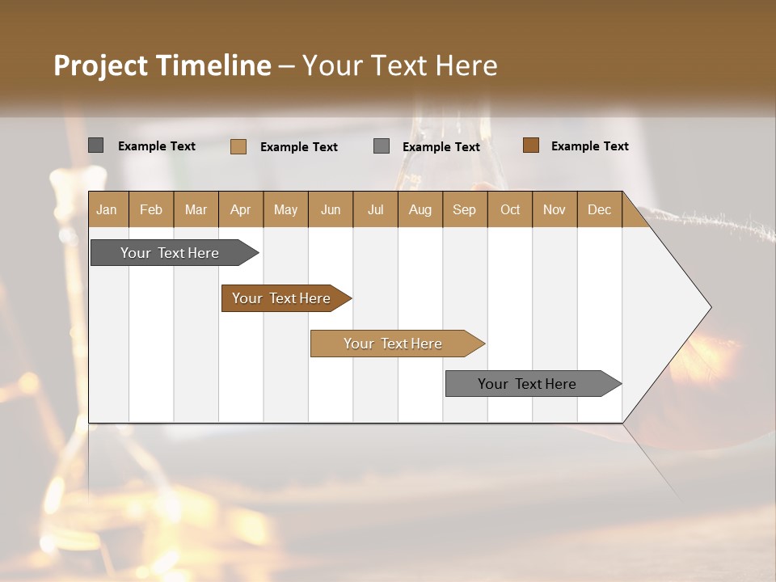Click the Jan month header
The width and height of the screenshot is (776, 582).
tap(107, 209)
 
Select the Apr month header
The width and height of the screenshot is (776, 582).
tap(240, 209)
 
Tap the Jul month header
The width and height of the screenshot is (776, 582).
tap(375, 209)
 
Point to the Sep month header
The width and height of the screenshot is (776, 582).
tap(464, 209)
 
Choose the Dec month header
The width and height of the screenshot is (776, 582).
tap(599, 209)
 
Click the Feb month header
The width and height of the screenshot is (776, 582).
tap(151, 209)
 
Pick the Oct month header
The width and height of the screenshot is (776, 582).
tap(510, 209)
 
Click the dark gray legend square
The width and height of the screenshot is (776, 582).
tap(96, 145)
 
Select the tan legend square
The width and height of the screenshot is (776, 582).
tap(238, 146)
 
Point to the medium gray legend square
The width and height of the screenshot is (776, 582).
tap(382, 146)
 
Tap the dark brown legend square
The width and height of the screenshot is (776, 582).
tap(531, 145)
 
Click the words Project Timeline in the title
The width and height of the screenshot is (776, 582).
tap(162, 65)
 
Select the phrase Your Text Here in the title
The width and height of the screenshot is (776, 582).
tap(399, 65)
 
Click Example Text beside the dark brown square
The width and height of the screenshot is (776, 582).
tap(589, 146)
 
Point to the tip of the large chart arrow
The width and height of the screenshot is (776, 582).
tap(709, 307)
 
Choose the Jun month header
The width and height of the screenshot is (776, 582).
tap(331, 209)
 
